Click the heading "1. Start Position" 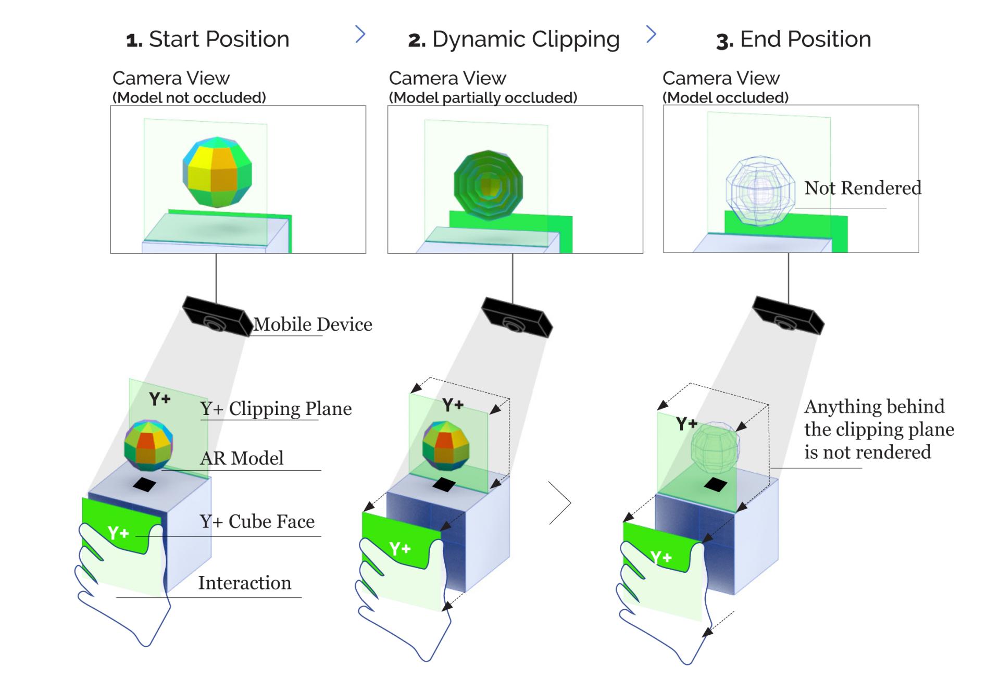pyautogui.click(x=208, y=40)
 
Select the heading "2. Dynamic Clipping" pyautogui.click(x=514, y=40)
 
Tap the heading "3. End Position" pyautogui.click(x=793, y=40)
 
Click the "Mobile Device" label pyautogui.click(x=313, y=324)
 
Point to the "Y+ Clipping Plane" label pyautogui.click(x=276, y=409)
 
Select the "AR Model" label pyautogui.click(x=242, y=458)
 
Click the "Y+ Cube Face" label pyautogui.click(x=257, y=521)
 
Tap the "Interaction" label pyautogui.click(x=244, y=583)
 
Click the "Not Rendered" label pyautogui.click(x=863, y=188)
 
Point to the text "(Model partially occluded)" pyautogui.click(x=483, y=98)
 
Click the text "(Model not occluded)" pyautogui.click(x=189, y=98)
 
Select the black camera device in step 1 pyautogui.click(x=217, y=317)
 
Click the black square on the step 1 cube pyautogui.click(x=144, y=485)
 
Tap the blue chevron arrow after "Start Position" pyautogui.click(x=360, y=34)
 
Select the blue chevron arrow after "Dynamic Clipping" pyautogui.click(x=651, y=34)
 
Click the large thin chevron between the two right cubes pyautogui.click(x=561, y=502)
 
